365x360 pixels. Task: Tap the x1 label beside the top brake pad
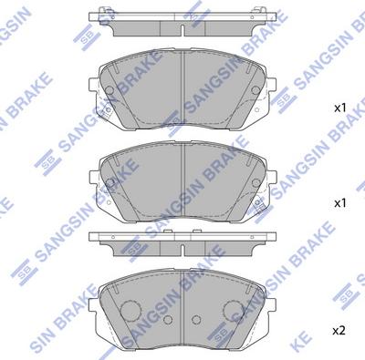[x=340, y=108]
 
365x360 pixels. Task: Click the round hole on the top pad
[x=108, y=91]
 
